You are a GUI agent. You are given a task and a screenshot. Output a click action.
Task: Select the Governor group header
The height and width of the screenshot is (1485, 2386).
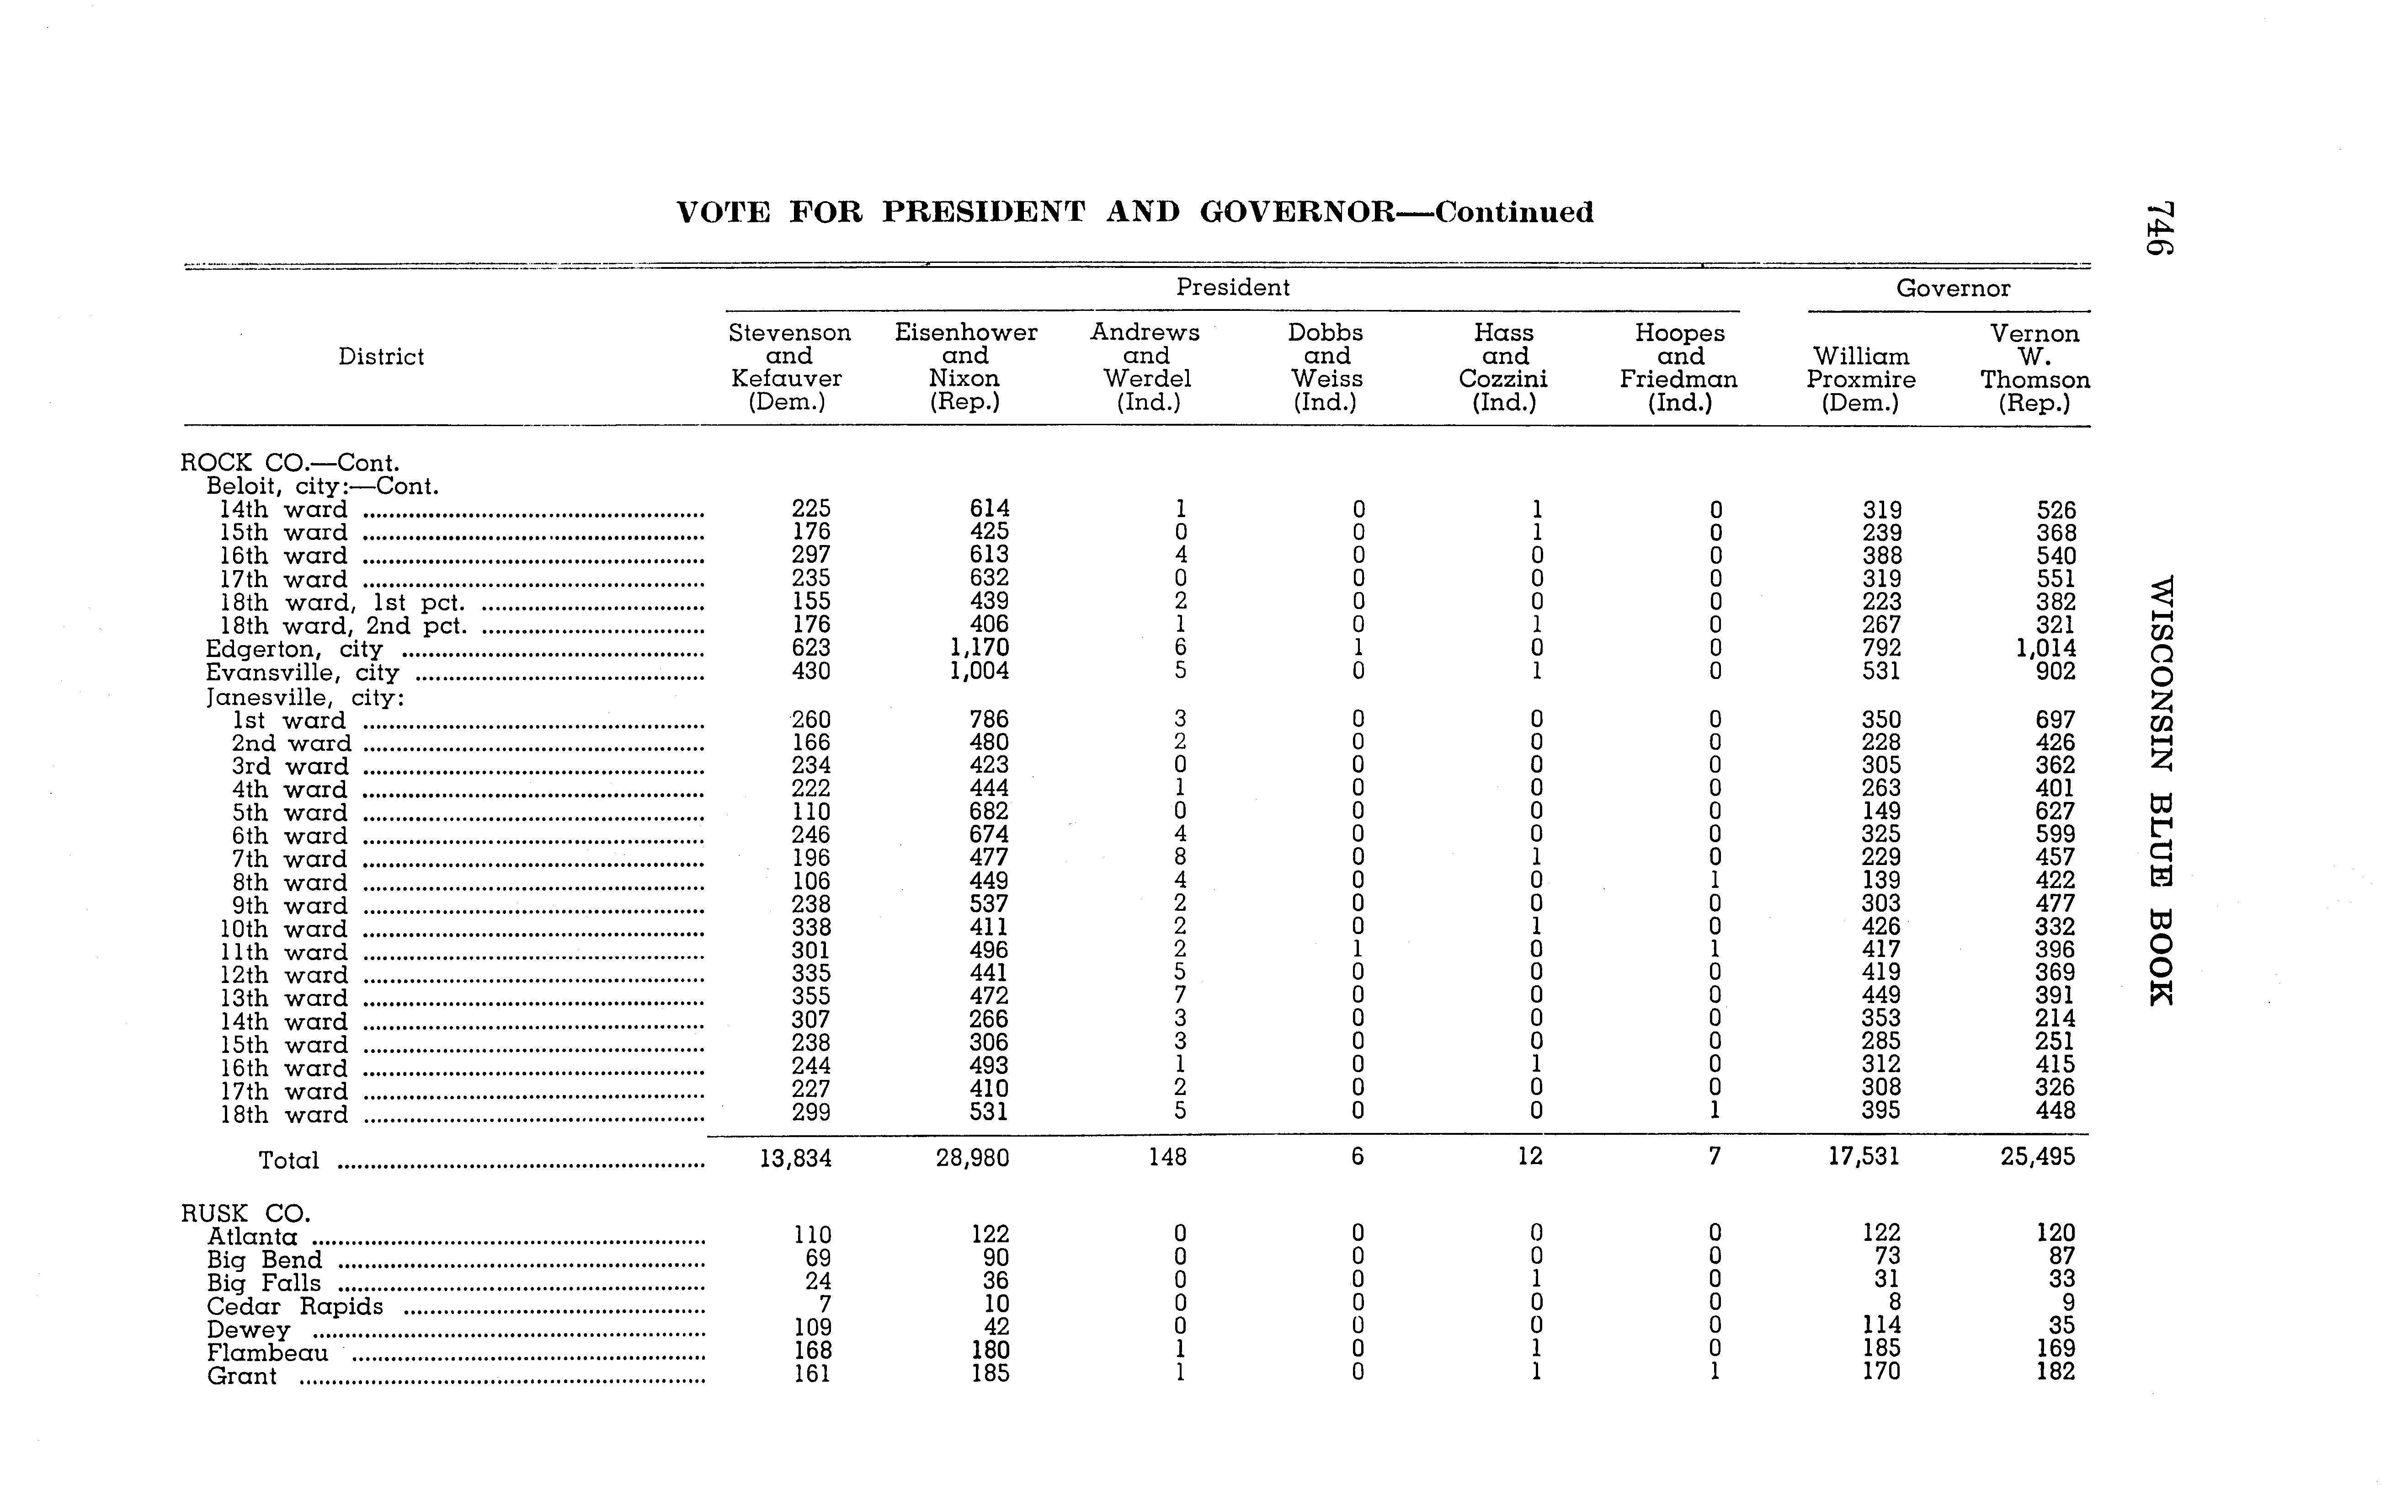tap(1952, 288)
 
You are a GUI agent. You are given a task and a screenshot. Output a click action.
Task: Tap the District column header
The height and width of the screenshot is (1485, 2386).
tap(381, 357)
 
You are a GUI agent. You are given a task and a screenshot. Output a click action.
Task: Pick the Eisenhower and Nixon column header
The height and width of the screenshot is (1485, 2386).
tap(965, 366)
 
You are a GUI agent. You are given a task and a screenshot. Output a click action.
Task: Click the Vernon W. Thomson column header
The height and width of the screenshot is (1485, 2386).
tap(2034, 367)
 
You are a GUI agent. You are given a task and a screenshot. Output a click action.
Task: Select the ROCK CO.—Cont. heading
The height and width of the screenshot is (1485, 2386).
tap(290, 463)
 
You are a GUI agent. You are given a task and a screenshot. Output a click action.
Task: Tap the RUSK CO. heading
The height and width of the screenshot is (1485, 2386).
tap(245, 1213)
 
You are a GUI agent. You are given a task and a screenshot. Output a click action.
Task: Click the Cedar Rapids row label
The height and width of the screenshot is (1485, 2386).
tap(294, 1306)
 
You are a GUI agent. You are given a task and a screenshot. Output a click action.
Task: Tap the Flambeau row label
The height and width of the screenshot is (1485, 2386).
tap(267, 1352)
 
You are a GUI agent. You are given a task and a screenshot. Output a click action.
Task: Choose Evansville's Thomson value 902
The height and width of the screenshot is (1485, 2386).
tap(2055, 672)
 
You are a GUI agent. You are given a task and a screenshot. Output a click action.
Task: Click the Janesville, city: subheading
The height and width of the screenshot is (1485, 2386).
tap(304, 697)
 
